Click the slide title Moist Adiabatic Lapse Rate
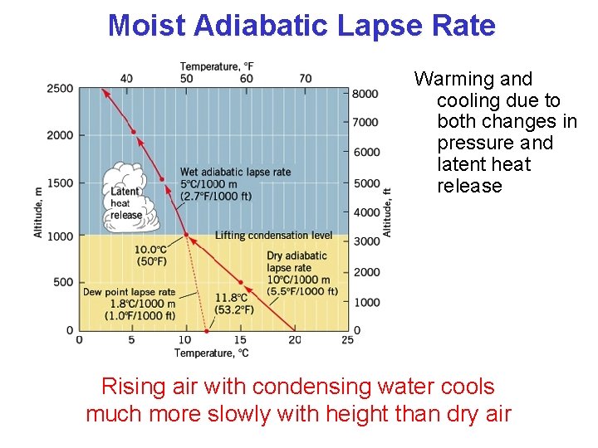point(301,26)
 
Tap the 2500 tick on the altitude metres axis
point(60,89)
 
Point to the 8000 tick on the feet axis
point(365,93)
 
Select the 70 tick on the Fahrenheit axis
point(306,79)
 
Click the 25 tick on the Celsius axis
point(347,339)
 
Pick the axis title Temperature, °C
point(211,353)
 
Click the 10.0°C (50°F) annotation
point(151,256)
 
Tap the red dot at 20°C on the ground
point(294,329)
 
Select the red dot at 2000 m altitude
point(133,133)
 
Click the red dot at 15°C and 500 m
point(241,282)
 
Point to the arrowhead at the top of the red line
point(103,91)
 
